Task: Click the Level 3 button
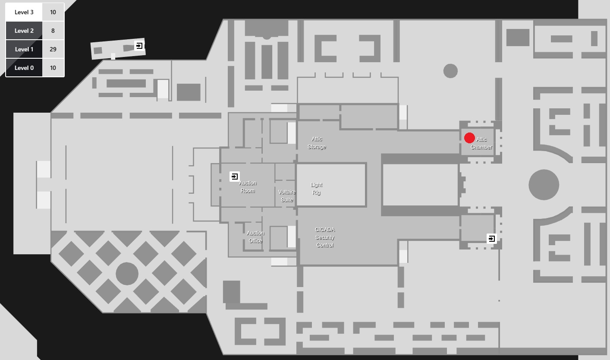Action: click(24, 12)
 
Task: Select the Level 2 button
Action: click(24, 31)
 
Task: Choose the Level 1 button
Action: click(24, 49)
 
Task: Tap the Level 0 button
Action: click(24, 68)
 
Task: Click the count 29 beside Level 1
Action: click(53, 49)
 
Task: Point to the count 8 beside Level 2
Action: click(53, 31)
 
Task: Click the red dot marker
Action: click(469, 138)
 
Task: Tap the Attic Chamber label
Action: click(481, 143)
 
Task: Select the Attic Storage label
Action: click(317, 143)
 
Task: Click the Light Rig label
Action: click(316, 189)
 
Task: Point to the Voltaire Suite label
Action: click(287, 196)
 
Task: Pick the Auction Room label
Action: click(248, 187)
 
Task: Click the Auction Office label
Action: click(255, 237)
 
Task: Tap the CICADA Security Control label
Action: click(325, 237)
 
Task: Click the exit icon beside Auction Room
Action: click(235, 176)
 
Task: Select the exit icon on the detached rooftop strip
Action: click(139, 45)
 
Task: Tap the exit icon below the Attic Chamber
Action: click(491, 238)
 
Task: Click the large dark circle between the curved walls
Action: click(544, 185)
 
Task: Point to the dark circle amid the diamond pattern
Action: click(127, 273)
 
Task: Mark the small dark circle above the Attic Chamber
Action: click(450, 71)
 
